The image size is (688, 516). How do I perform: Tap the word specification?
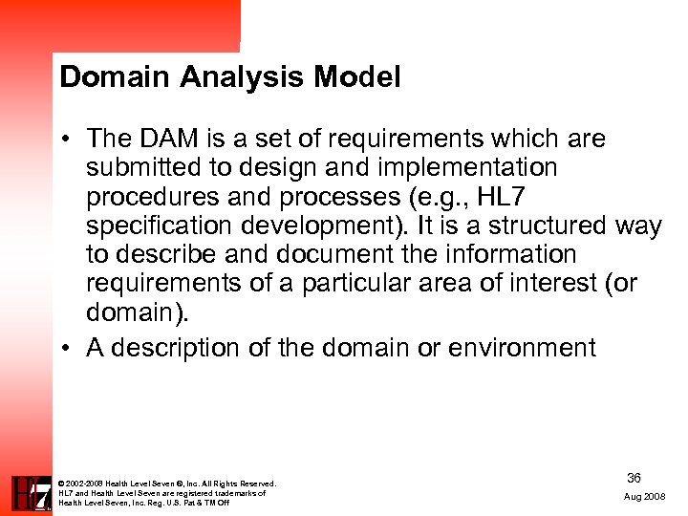[159, 226]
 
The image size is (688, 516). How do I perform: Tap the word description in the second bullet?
[176, 347]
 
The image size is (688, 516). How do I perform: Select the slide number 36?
[634, 477]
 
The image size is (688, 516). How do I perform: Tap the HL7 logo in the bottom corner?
[31, 492]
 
